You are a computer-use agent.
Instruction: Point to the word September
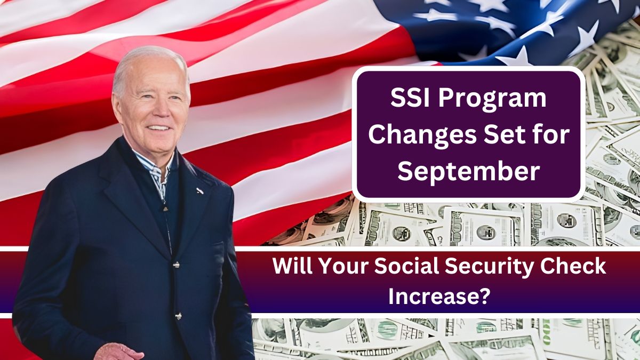(x=469, y=173)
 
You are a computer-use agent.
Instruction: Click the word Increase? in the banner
(x=437, y=297)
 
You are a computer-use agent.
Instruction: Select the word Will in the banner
(x=293, y=266)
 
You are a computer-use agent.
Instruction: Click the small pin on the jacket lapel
(x=200, y=191)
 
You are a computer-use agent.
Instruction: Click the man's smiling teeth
(x=159, y=127)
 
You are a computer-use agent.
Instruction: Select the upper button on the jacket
(x=177, y=265)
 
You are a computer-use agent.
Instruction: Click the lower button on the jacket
(x=178, y=316)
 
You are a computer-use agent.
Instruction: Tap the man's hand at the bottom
(x=118, y=352)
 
